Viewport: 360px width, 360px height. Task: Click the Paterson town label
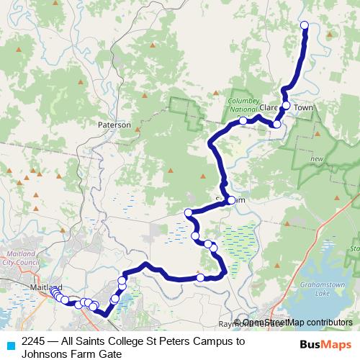pos(114,125)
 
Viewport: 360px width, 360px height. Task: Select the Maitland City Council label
pos(22,258)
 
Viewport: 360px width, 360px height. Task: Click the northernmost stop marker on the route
pos(304,26)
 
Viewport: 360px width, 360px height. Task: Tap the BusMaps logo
pos(325,345)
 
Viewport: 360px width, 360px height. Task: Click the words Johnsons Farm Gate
pos(71,354)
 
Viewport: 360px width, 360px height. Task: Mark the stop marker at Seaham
pos(231,200)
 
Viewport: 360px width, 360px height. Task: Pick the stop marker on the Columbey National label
pos(243,120)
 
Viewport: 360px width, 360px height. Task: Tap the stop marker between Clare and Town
pos(286,106)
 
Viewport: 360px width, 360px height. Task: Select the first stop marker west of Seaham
pos(188,212)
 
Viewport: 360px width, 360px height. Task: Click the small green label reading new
pos(316,158)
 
